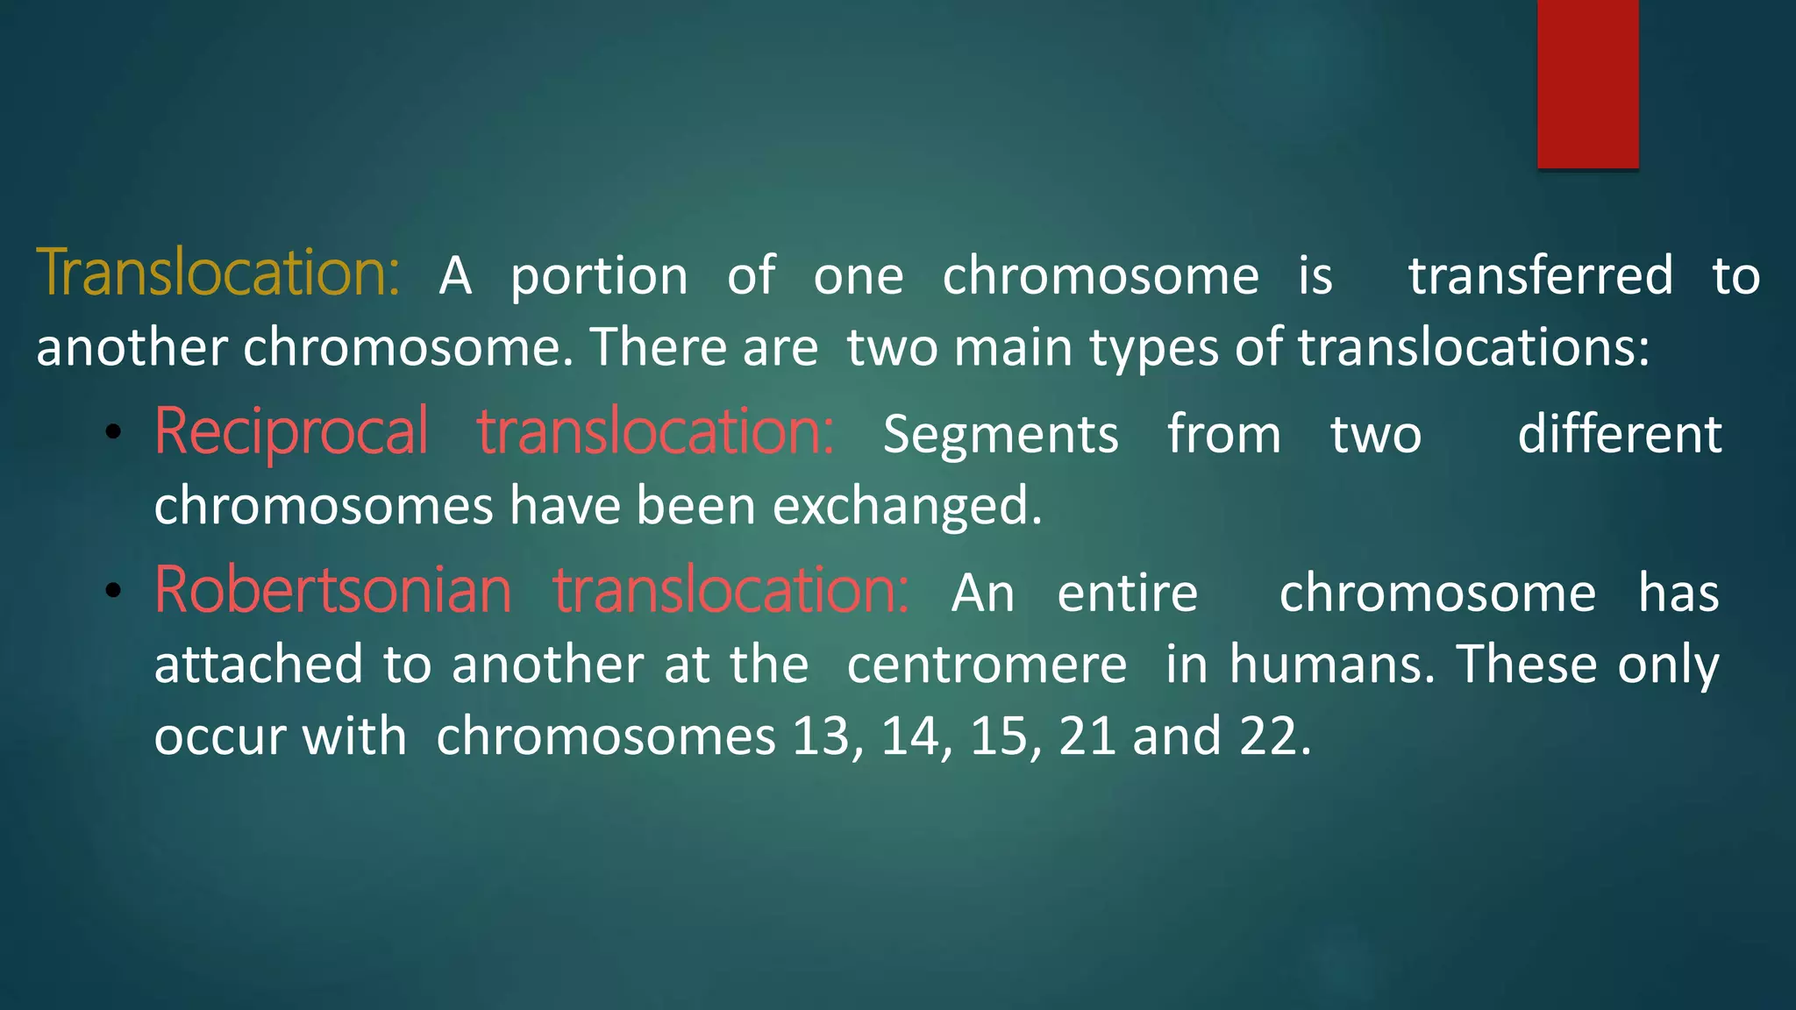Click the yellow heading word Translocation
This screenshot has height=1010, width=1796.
(217, 273)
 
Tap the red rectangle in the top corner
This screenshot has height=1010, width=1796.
(1587, 83)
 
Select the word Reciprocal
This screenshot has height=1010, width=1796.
(291, 432)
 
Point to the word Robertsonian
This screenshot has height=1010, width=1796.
(333, 591)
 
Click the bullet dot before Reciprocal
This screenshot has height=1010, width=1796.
(112, 432)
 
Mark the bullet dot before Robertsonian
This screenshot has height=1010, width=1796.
(112, 591)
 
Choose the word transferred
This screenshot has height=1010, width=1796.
(1541, 275)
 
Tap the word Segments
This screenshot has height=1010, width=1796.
(1001, 435)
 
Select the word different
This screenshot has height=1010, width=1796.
(1620, 434)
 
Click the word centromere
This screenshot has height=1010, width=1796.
(987, 665)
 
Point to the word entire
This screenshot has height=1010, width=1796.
(1127, 594)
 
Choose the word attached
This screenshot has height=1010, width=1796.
(259, 665)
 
